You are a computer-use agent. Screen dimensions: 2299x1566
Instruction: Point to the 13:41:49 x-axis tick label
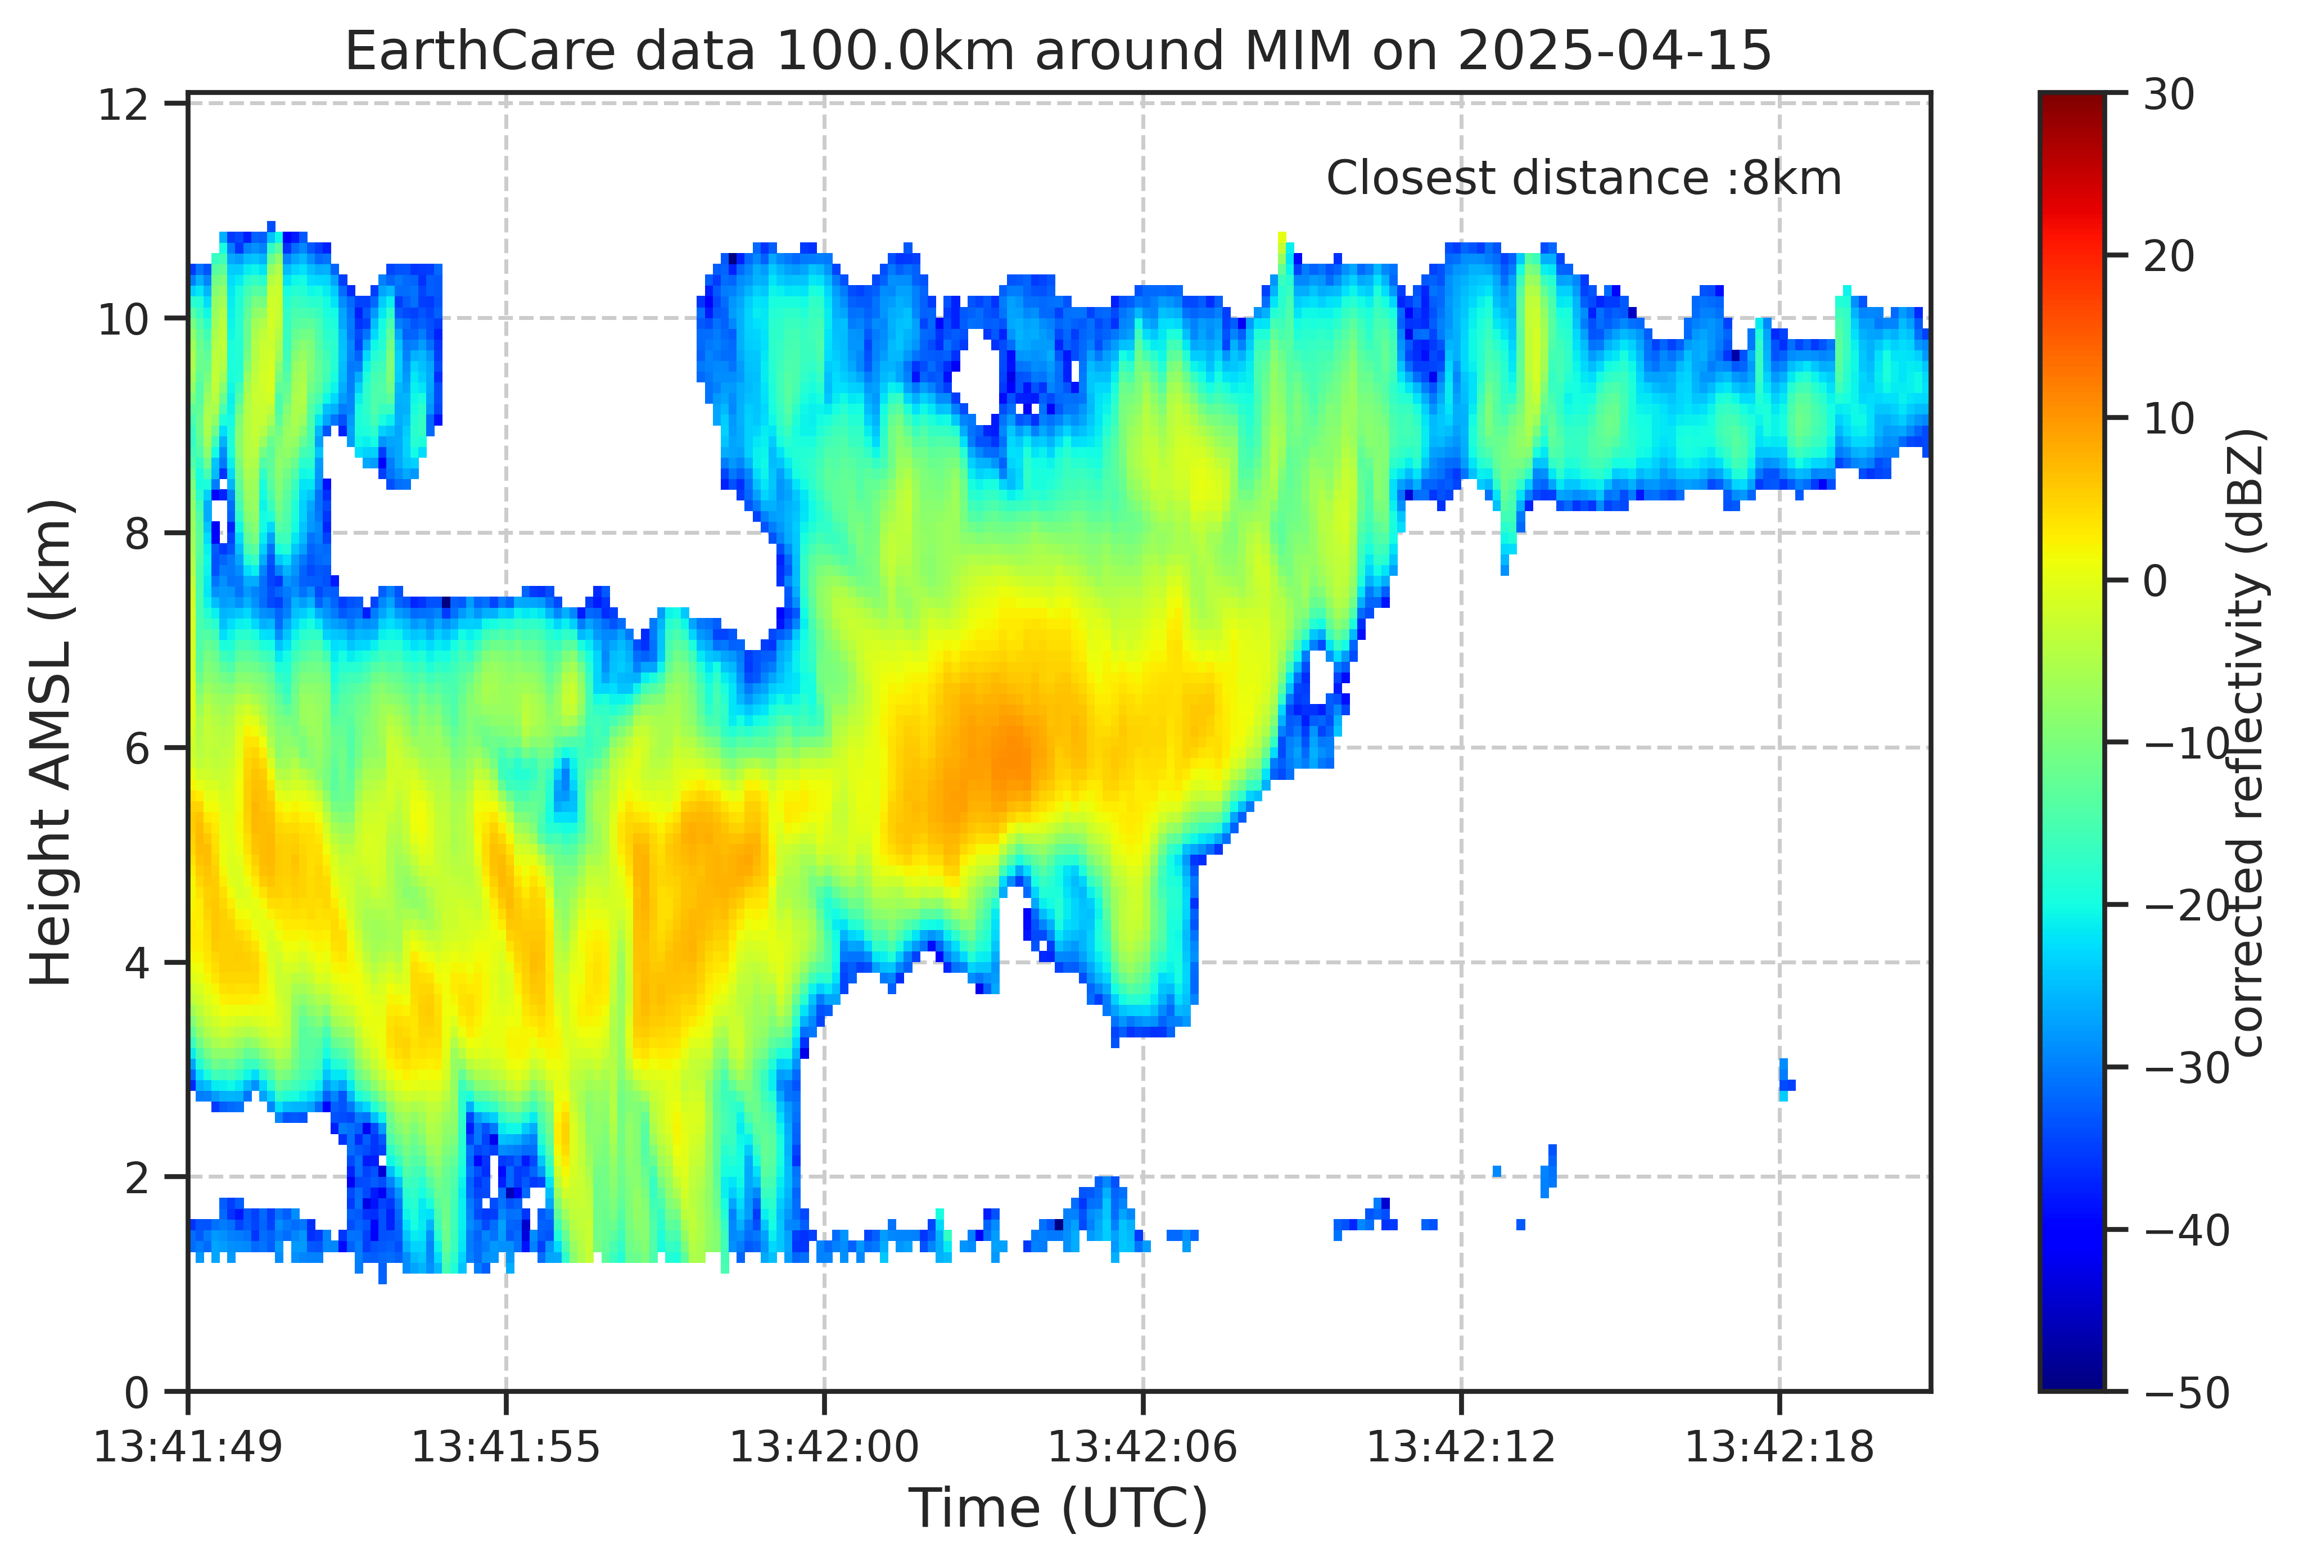pos(188,1447)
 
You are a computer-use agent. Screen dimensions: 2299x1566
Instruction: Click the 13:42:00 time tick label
pos(824,1447)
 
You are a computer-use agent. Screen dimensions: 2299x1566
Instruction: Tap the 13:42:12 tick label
pos(1461,1447)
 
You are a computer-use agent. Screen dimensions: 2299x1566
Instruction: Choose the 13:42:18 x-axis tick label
pos(1779,1447)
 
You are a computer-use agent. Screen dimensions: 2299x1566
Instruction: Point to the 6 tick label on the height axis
pos(138,748)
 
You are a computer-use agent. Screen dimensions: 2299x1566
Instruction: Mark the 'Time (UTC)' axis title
pos(1059,1509)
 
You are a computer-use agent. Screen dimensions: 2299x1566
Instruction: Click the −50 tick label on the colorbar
pos(2186,1393)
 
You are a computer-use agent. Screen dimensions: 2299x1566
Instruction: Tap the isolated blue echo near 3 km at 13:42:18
pos(1785,1079)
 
